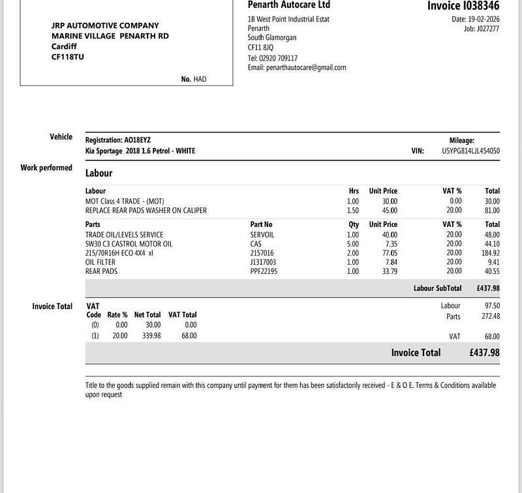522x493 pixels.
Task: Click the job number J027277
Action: coord(487,29)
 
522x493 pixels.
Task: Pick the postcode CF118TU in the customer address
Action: coord(67,57)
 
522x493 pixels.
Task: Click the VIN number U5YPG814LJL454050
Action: coord(466,151)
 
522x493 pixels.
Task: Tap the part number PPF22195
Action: coord(264,271)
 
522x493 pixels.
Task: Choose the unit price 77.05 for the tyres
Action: coord(389,253)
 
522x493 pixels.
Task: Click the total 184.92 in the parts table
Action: coord(490,253)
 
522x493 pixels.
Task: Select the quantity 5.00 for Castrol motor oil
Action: coord(353,244)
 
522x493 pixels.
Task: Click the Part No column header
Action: coord(261,224)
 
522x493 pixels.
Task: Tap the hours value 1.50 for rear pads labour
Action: coord(353,211)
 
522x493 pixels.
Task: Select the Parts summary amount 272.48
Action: coord(489,316)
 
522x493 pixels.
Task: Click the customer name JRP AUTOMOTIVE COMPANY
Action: coord(104,25)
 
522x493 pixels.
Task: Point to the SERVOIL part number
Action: coord(262,235)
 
